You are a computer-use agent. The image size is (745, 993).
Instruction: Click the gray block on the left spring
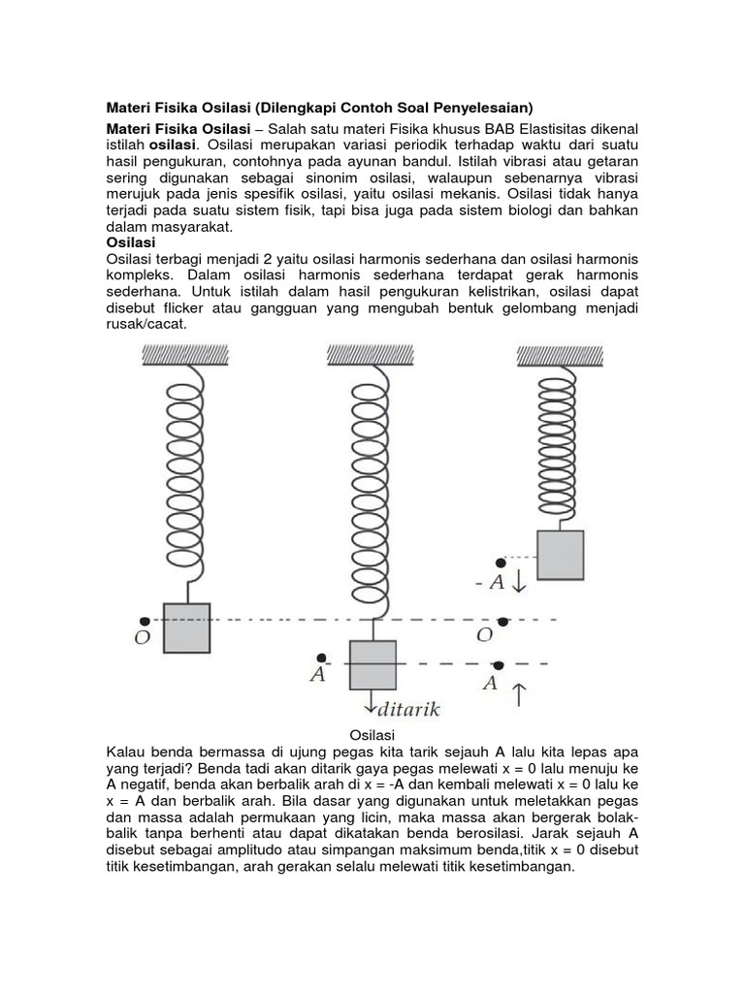(186, 627)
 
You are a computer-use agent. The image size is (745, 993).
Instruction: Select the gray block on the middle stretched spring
(372, 664)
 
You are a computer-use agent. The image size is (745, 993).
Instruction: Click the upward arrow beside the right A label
(519, 694)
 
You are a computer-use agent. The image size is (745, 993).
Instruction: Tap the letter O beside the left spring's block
(143, 640)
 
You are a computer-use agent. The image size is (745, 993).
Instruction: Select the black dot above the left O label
(144, 621)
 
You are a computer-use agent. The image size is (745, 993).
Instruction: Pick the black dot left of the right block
(501, 562)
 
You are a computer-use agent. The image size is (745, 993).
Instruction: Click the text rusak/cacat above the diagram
(145, 324)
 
